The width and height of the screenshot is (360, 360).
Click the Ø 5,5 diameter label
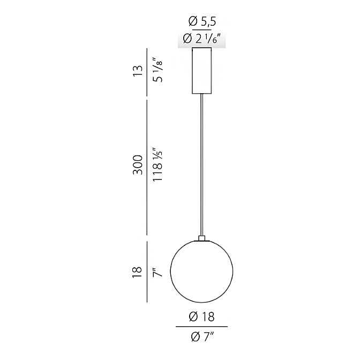(202, 21)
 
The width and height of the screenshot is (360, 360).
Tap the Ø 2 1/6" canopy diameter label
(202, 39)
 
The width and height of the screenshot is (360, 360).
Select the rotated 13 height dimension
(138, 71)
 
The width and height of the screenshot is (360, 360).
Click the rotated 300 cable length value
(138, 165)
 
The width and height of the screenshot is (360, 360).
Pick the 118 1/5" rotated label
(158, 164)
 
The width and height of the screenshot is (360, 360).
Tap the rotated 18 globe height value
(137, 272)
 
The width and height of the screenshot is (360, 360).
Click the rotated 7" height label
(157, 272)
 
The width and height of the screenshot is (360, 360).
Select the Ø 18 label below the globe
(201, 317)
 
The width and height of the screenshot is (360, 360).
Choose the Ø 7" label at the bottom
(202, 337)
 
